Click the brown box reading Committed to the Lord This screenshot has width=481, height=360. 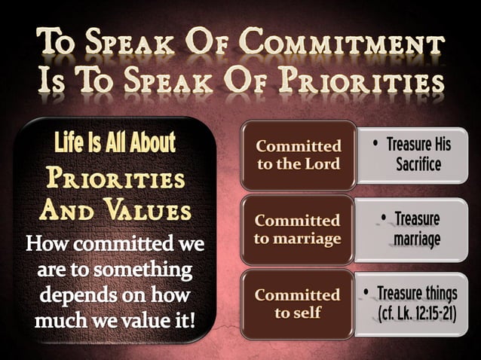(x=298, y=154)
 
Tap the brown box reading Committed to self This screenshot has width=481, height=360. (x=298, y=303)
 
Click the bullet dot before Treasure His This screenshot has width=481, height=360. (x=375, y=144)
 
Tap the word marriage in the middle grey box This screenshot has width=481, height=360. (x=416, y=239)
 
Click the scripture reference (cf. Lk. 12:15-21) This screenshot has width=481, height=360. (x=417, y=312)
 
